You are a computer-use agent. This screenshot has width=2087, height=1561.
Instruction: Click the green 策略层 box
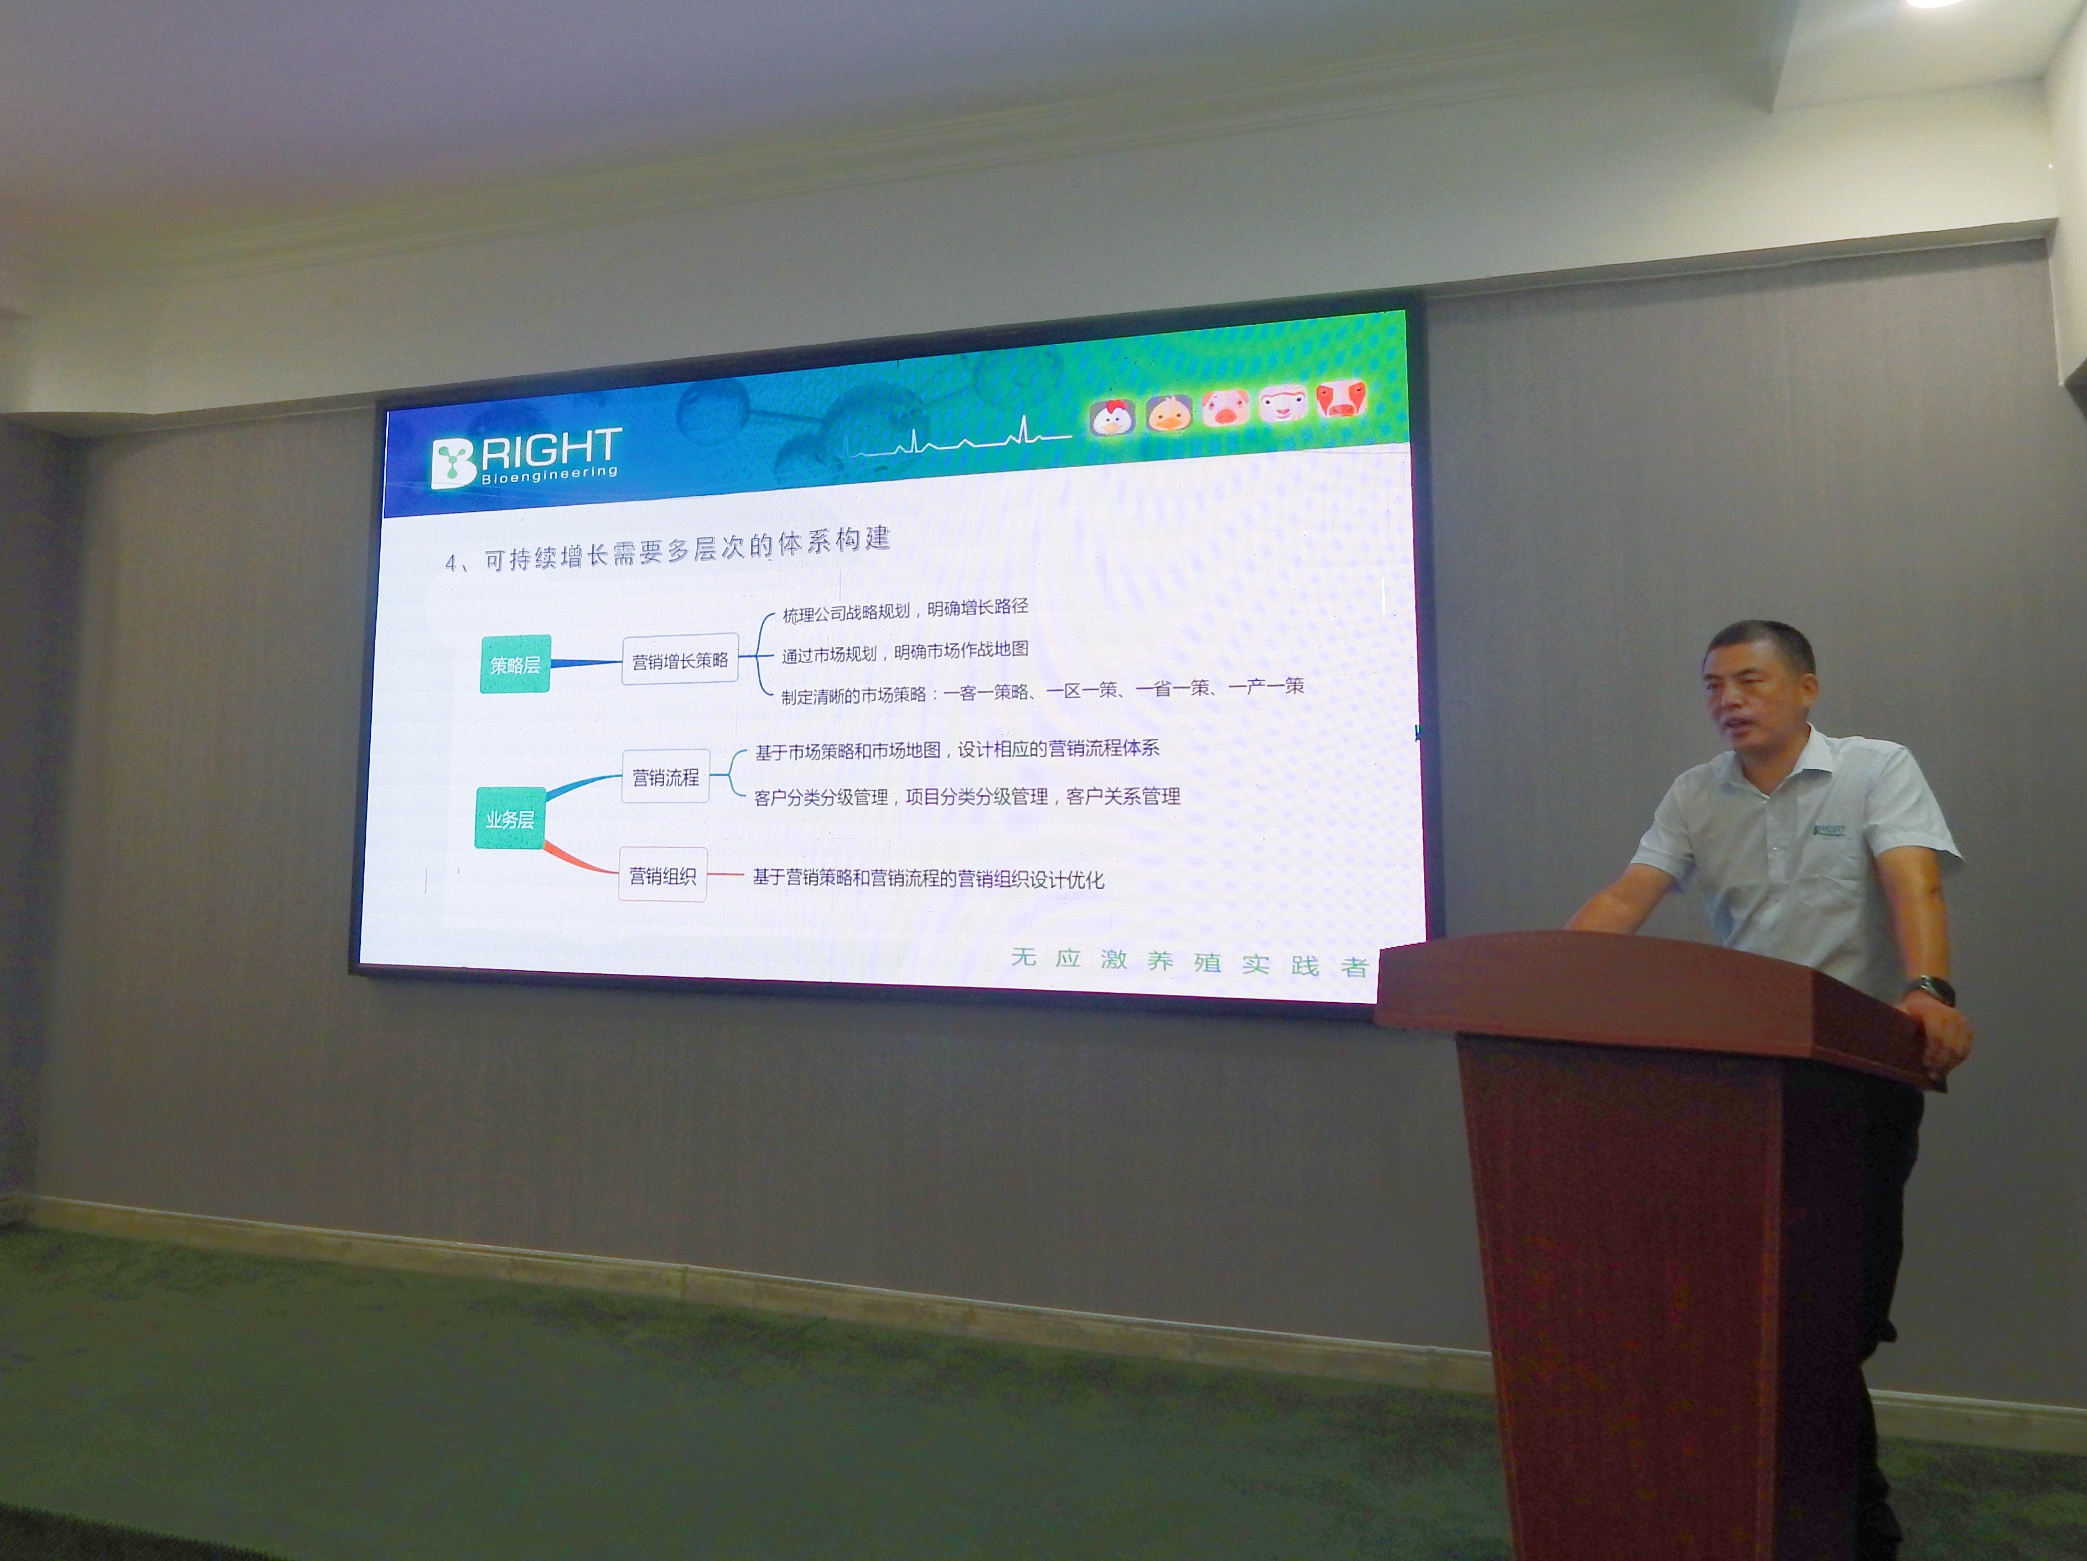[515, 664]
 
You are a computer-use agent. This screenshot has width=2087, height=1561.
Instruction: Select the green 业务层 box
[510, 818]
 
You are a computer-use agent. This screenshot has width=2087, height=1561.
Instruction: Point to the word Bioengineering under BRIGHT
[549, 474]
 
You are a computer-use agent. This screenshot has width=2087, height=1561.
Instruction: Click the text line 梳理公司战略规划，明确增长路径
[905, 609]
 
